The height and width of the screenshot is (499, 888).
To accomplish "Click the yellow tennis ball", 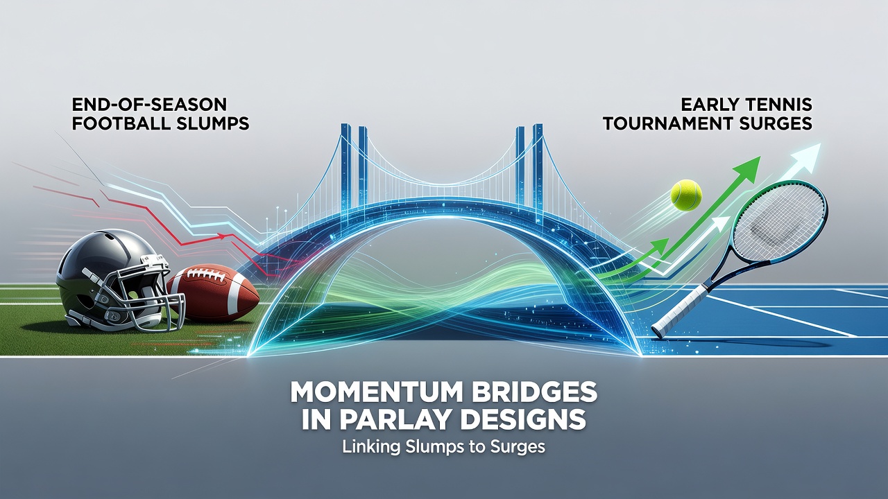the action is coord(686,195).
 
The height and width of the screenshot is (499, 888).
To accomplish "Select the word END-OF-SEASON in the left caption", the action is coord(149,105).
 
